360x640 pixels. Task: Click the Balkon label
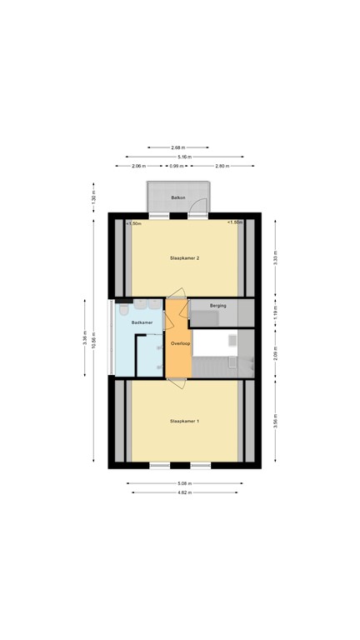click(x=177, y=197)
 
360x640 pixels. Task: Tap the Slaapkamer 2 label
click(x=184, y=258)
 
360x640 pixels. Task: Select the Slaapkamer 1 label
click(x=184, y=422)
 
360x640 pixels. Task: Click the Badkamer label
click(x=142, y=322)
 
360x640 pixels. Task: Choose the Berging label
click(x=218, y=306)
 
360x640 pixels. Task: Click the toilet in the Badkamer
click(x=123, y=311)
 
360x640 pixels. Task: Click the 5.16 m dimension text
click(x=184, y=156)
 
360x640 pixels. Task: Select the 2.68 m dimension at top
click(x=177, y=147)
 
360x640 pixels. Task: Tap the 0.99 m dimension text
click(x=176, y=166)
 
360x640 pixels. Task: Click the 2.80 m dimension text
click(x=222, y=166)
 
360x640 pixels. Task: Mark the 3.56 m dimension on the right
click(x=275, y=421)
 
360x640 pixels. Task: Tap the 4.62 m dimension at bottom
click(x=185, y=492)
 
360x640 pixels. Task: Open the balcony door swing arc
click(x=197, y=207)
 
